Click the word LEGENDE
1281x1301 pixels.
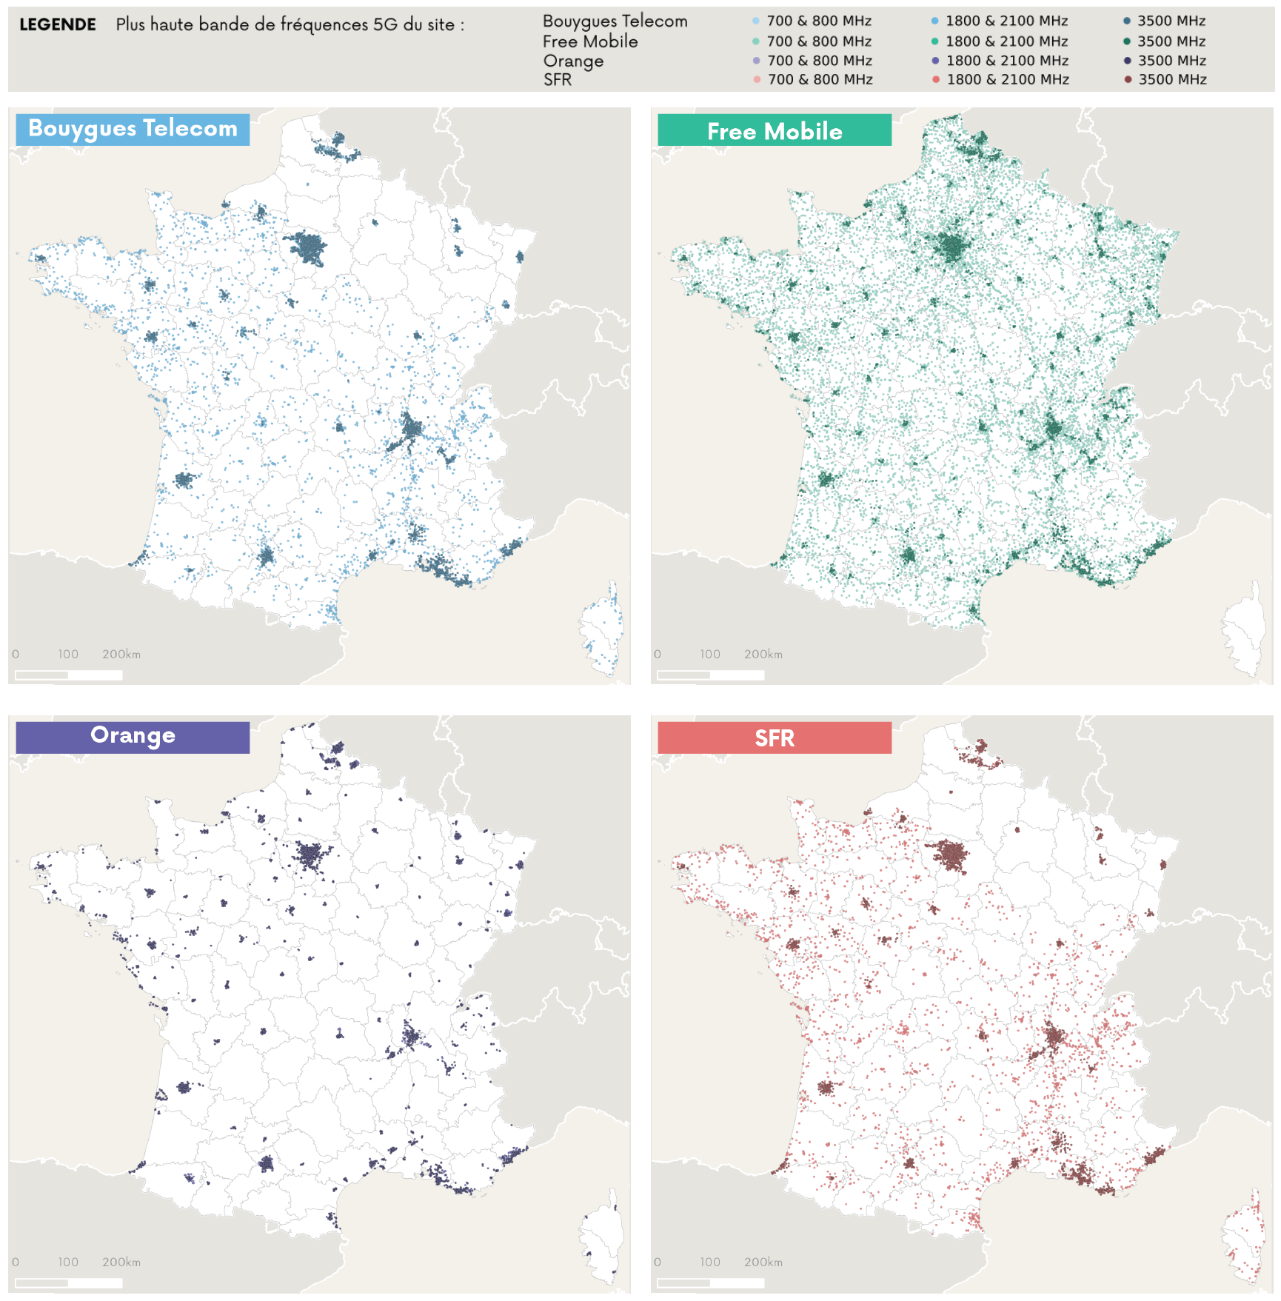58,24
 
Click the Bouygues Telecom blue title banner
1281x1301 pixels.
133,129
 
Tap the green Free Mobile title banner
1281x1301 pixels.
774,131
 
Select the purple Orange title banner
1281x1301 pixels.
133,736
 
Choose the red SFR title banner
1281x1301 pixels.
774,738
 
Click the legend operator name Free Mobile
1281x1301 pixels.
590,41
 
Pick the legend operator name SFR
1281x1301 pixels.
558,79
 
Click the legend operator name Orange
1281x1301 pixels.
573,61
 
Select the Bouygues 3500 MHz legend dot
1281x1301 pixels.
1127,21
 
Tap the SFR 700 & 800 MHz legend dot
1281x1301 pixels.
757,79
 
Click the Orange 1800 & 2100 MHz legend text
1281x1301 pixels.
1007,61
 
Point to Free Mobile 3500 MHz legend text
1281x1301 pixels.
1171,41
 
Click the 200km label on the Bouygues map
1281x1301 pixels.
121,654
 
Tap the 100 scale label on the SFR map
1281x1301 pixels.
709,1262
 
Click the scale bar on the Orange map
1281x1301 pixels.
68,1282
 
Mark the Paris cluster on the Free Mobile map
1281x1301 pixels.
951,247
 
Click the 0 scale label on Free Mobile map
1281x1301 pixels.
658,654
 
